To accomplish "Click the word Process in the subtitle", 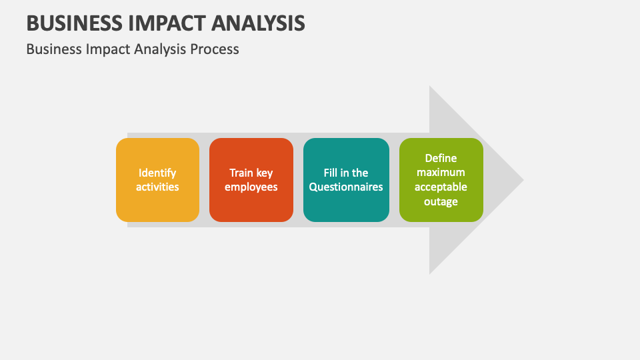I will click(215, 49).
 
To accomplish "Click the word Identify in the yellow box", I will click(157, 173).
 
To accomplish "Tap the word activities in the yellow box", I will click(157, 187).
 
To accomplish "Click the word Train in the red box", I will click(241, 173).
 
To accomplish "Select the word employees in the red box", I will click(251, 187).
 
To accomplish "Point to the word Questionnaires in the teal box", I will click(346, 187).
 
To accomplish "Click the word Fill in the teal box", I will click(331, 173).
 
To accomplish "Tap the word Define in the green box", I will click(441, 158).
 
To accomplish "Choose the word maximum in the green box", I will click(441, 173).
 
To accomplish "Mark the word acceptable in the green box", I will click(441, 187).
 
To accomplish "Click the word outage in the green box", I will click(441, 201).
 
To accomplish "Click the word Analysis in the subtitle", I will click(159, 49).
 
